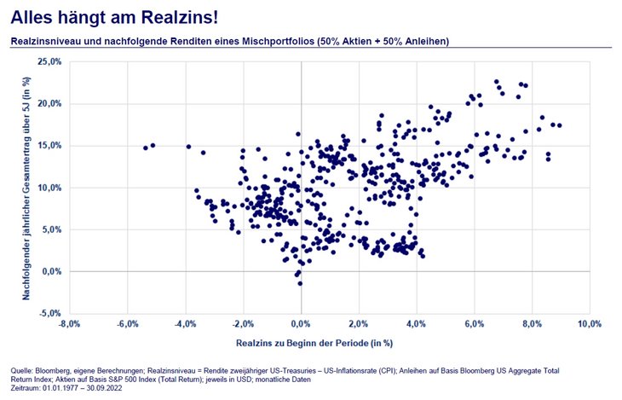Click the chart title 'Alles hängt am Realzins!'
tap(110, 17)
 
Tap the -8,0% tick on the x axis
tap(69, 325)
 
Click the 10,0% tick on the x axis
tap(590, 325)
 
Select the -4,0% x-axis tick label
tap(185, 325)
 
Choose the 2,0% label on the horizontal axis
tap(359, 325)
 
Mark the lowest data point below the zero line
tap(300, 283)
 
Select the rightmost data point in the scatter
tap(559, 125)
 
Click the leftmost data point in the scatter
tap(146, 148)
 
